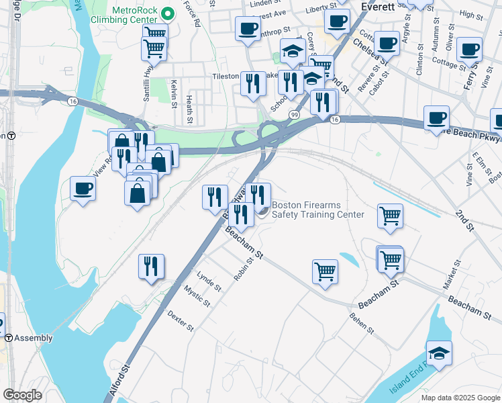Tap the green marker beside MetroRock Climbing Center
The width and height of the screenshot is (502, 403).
tap(168, 11)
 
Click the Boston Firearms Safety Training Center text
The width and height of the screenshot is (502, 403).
tap(317, 210)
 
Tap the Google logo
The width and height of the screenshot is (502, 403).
tap(22, 395)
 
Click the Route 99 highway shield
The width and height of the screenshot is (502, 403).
tap(294, 116)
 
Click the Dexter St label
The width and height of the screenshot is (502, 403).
tap(181, 320)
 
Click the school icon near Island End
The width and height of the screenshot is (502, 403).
tap(439, 353)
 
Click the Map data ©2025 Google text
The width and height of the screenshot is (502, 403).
tap(460, 398)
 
